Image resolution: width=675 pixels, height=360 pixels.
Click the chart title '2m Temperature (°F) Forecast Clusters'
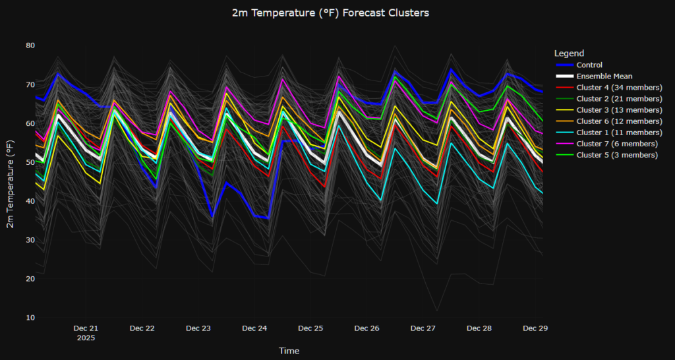point(330,13)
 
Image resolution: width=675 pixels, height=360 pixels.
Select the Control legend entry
point(589,65)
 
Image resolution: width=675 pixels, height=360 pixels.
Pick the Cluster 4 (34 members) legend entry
point(618,88)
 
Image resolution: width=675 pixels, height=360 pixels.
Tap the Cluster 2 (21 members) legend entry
point(618,99)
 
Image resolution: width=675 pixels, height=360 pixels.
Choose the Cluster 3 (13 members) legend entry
point(618,110)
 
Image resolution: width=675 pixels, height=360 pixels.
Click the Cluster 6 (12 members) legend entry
point(618,121)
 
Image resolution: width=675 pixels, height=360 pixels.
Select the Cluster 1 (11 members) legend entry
point(618,133)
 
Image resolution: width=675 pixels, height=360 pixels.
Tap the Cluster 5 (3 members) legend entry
point(616,155)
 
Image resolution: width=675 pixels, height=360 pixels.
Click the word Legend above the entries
point(569,53)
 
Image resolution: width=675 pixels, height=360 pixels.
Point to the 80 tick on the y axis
point(30,45)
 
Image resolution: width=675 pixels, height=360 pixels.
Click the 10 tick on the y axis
point(30,318)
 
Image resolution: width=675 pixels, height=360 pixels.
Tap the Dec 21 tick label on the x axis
point(86,328)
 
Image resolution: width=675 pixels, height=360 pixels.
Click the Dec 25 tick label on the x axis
point(310,328)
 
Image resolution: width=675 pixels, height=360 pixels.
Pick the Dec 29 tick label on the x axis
point(535,328)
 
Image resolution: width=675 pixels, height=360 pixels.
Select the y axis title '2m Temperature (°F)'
point(11,179)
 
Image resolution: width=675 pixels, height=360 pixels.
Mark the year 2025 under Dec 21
point(86,338)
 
